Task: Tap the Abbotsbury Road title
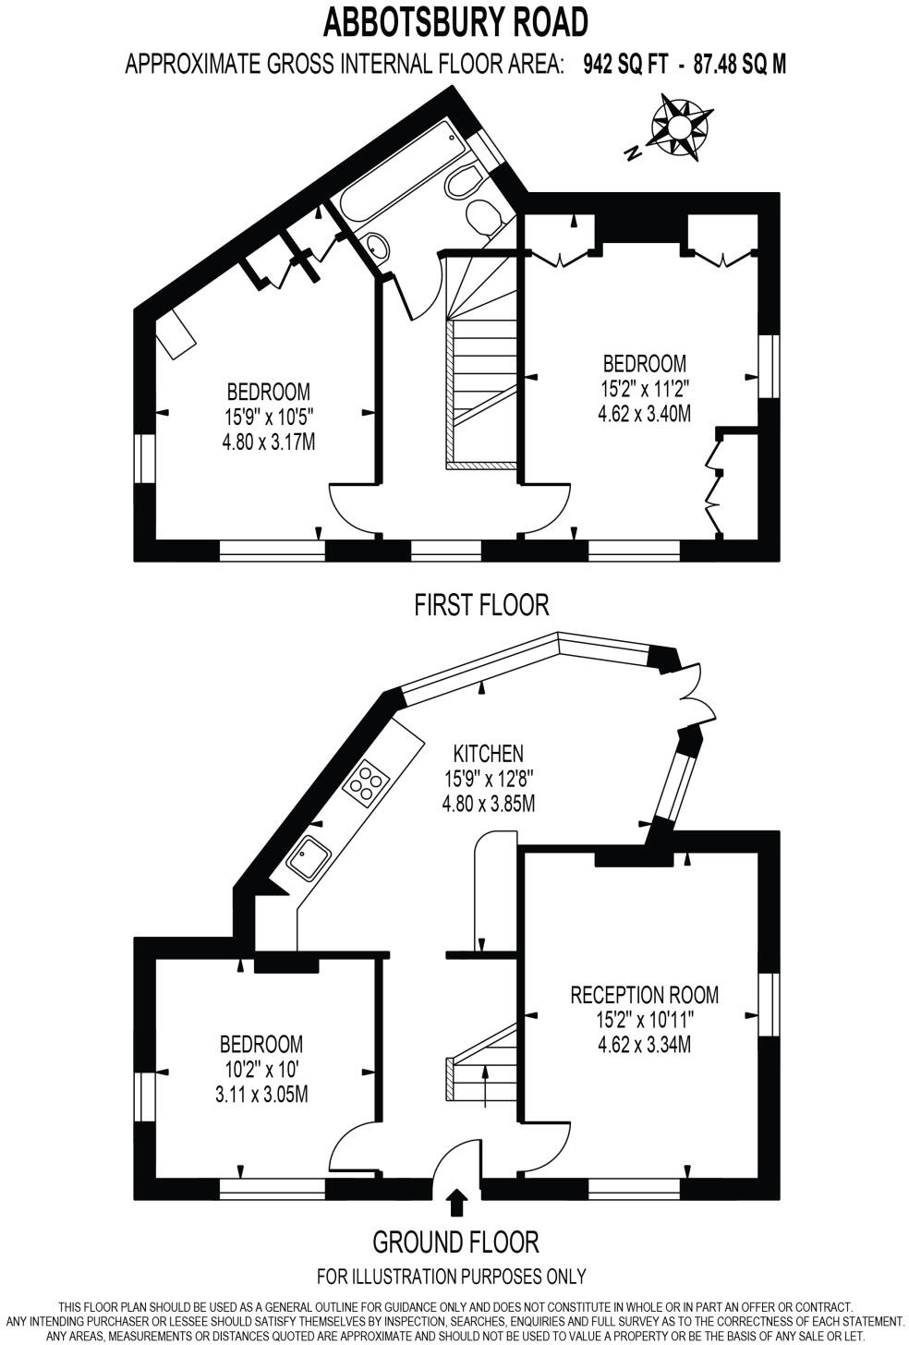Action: [x=454, y=20]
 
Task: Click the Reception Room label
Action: [x=644, y=995]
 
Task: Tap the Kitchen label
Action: [x=489, y=754]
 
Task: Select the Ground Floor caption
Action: [x=454, y=1241]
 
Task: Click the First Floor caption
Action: [x=481, y=605]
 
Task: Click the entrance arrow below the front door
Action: [x=456, y=1202]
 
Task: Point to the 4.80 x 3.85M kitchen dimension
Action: [x=489, y=803]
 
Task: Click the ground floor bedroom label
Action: [x=261, y=1045]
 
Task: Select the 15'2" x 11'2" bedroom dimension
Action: [x=644, y=387]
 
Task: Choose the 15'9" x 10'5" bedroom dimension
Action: [x=269, y=417]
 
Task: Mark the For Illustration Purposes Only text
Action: [x=451, y=1277]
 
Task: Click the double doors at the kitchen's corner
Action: [x=691, y=697]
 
